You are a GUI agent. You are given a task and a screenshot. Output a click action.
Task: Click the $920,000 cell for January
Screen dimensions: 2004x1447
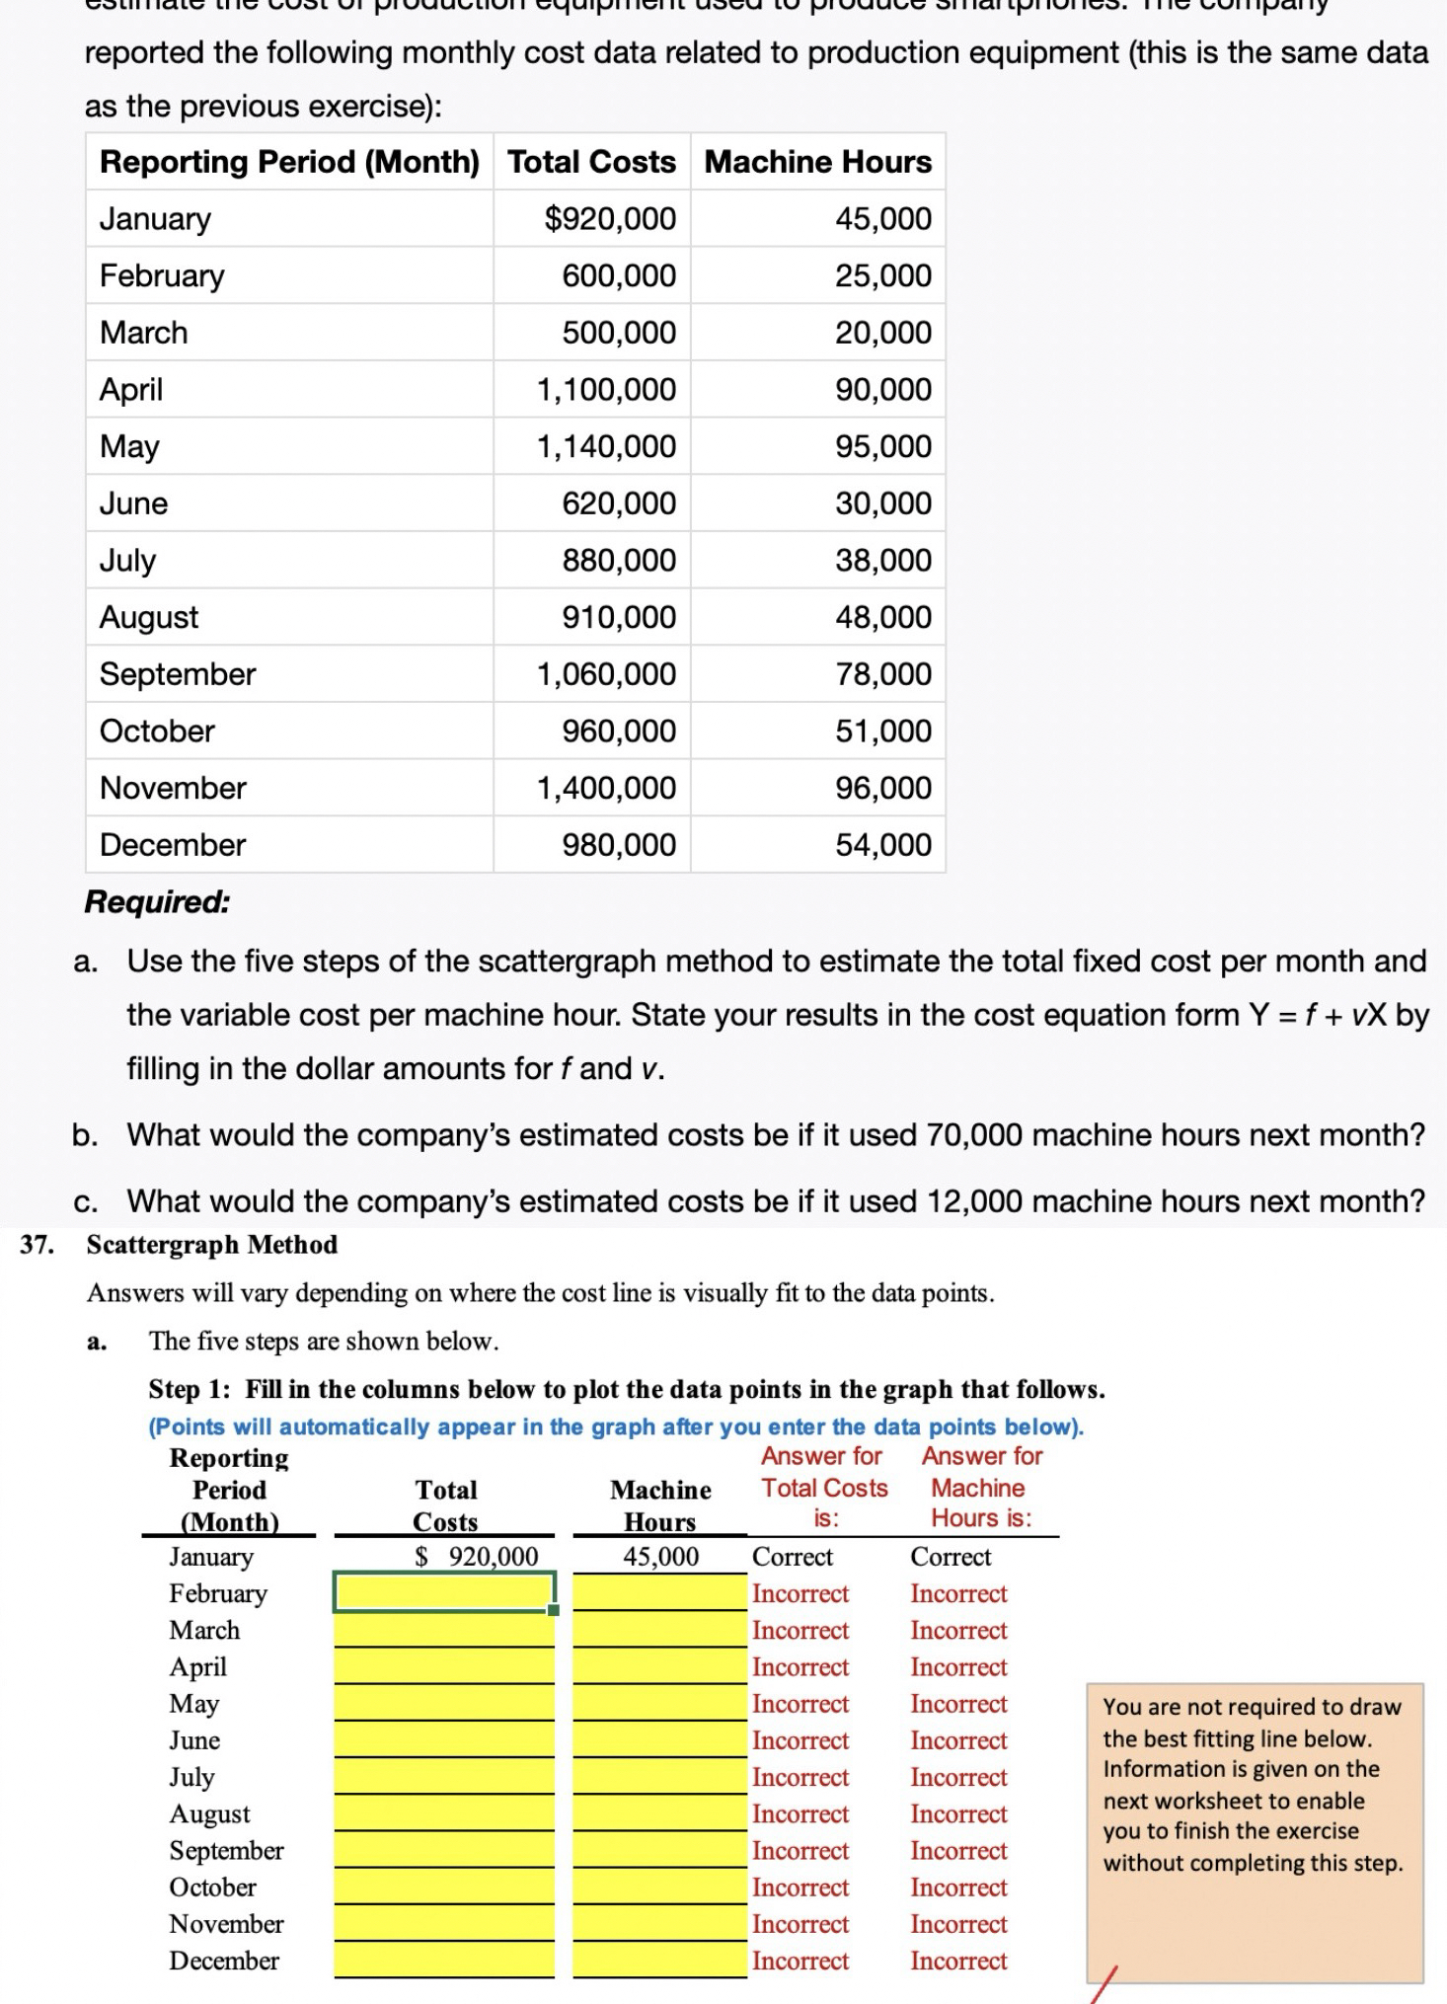tap(610, 218)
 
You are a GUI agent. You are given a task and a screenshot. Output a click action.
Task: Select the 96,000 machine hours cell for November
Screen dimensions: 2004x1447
tap(882, 788)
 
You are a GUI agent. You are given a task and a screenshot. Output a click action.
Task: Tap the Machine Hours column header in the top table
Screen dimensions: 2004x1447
tap(817, 161)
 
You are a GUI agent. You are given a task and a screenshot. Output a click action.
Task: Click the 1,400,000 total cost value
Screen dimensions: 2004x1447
tap(606, 788)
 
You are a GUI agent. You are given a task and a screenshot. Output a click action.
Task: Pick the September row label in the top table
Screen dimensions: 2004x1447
tap(178, 674)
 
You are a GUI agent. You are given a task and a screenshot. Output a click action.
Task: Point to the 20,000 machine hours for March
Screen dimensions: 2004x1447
tap(882, 333)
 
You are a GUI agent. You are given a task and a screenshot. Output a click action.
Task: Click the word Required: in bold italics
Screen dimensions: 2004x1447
tap(157, 901)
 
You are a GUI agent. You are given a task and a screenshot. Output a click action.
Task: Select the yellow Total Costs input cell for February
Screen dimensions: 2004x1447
tap(444, 1591)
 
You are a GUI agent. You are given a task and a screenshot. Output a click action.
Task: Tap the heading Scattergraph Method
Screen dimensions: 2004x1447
tap(212, 1244)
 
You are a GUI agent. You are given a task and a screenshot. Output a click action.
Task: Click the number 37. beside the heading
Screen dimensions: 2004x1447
tap(36, 1244)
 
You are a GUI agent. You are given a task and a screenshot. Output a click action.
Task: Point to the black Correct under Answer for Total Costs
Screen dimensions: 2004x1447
tap(792, 1557)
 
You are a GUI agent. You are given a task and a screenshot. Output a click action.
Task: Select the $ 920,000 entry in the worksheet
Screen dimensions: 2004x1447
tap(477, 1557)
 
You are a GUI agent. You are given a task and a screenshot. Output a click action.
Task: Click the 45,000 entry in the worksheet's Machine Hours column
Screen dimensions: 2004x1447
tap(660, 1557)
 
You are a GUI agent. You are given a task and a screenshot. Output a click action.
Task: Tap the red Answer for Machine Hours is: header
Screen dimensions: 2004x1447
tap(981, 1487)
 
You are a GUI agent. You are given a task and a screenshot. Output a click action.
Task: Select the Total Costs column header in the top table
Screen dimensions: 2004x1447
tap(591, 161)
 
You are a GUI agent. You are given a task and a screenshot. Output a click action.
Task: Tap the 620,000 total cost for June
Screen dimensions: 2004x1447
tap(619, 503)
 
